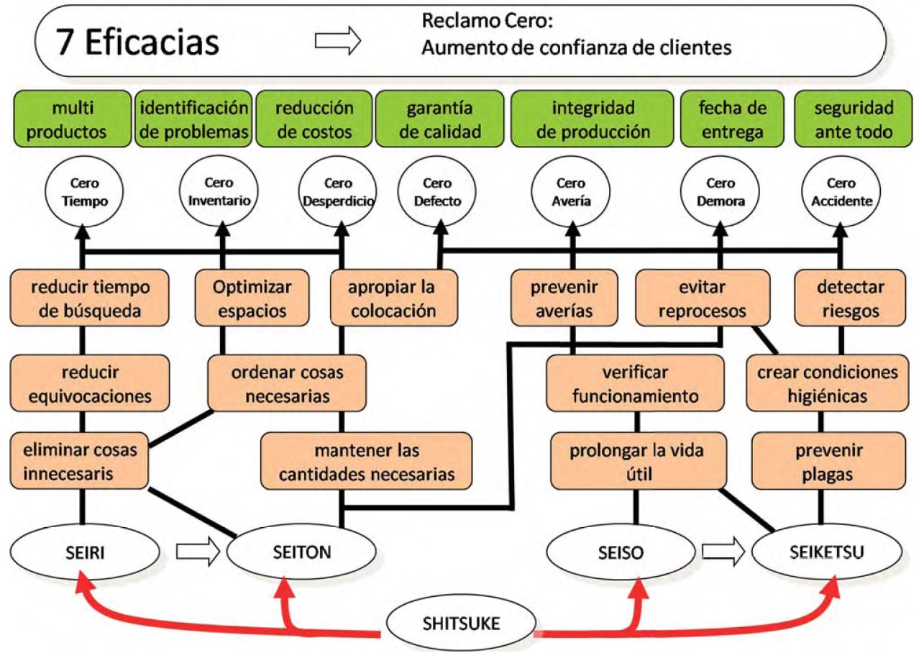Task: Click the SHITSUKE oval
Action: (x=461, y=623)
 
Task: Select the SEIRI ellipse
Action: (x=85, y=552)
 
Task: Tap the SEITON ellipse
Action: (x=301, y=552)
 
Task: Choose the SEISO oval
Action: (x=621, y=552)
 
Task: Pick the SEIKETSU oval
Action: (x=827, y=552)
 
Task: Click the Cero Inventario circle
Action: (x=219, y=191)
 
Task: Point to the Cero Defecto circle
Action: (x=437, y=191)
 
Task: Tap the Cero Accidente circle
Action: (x=841, y=191)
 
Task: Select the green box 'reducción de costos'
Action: (x=314, y=119)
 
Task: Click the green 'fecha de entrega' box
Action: (x=732, y=119)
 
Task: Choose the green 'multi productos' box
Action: (x=73, y=119)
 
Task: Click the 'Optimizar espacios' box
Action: (x=252, y=298)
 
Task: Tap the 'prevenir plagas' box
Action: (x=828, y=461)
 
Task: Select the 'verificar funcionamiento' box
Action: (x=635, y=383)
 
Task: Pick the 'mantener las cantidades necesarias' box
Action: (x=366, y=461)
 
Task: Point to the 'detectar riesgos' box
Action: (x=850, y=298)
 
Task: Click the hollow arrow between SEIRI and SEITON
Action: (x=198, y=551)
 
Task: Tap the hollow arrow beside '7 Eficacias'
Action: (x=338, y=40)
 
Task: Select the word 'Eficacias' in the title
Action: (x=152, y=42)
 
